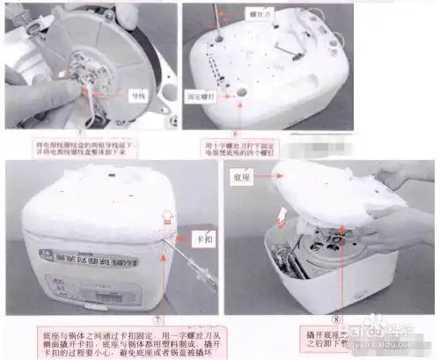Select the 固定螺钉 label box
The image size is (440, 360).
[x=204, y=91]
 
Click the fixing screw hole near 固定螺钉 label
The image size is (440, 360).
[x=238, y=91]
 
